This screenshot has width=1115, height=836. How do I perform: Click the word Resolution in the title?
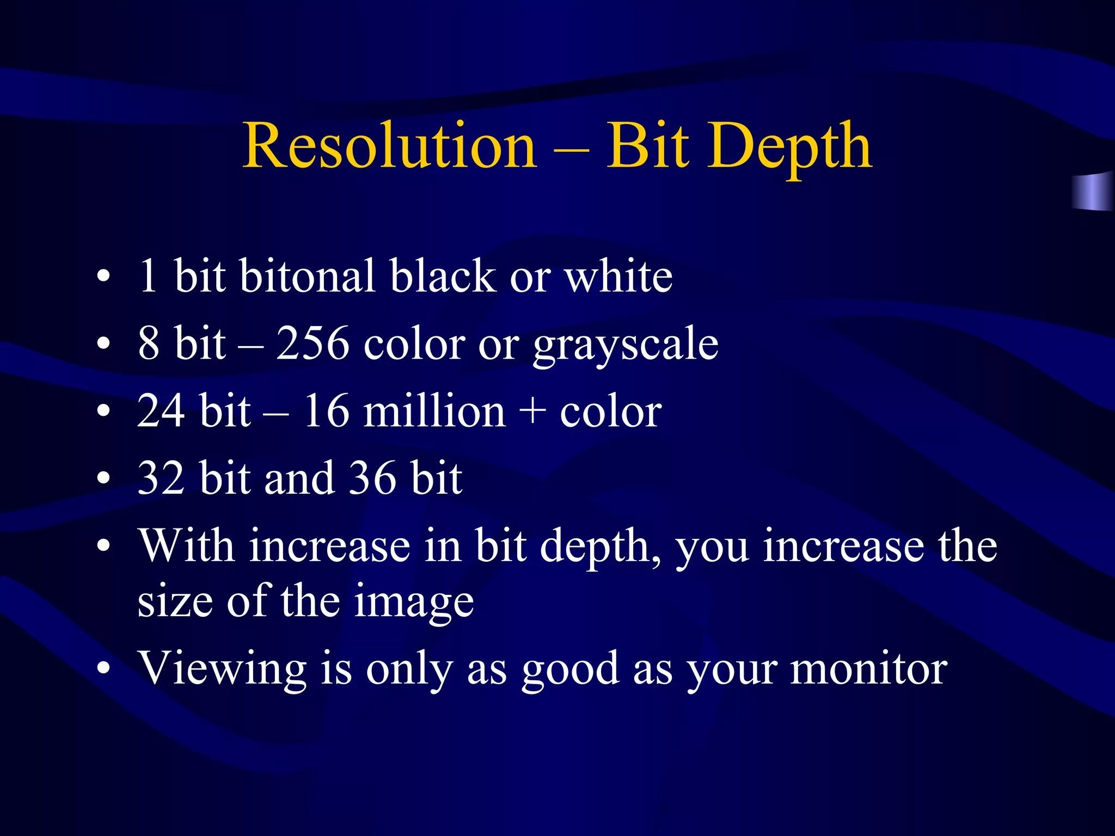pyautogui.click(x=390, y=146)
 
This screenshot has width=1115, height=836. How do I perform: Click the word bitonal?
pyautogui.click(x=307, y=276)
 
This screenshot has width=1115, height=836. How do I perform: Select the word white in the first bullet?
pyautogui.click(x=618, y=276)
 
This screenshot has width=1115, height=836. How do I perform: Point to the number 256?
pyautogui.click(x=313, y=343)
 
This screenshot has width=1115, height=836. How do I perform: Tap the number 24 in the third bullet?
pyautogui.click(x=161, y=411)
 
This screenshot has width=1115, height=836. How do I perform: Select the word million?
pyautogui.click(x=434, y=411)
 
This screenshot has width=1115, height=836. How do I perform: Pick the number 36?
pyautogui.click(x=372, y=478)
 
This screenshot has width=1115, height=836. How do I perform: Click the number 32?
pyautogui.click(x=161, y=478)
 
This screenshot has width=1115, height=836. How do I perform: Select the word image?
pyautogui.click(x=414, y=604)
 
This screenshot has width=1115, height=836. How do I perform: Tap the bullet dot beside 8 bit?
pyautogui.click(x=103, y=345)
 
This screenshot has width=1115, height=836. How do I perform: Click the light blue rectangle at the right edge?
pyautogui.click(x=1093, y=192)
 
